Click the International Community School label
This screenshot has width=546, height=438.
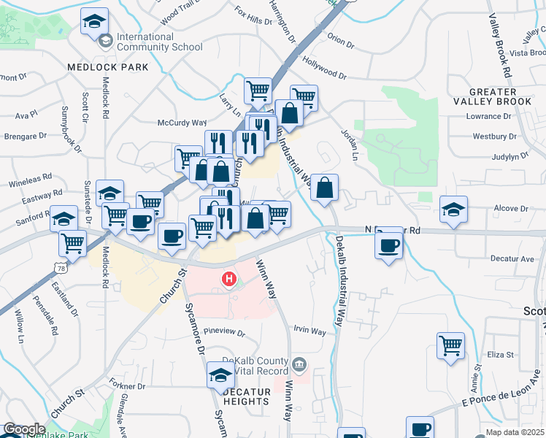158,42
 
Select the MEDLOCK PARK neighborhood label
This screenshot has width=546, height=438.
107,67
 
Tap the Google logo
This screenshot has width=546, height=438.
23,429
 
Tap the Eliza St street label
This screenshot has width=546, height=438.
501,355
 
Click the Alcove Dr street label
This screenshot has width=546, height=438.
510,208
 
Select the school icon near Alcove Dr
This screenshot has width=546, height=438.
453,210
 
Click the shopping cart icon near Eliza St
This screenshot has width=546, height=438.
450,345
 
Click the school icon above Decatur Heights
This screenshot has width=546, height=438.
219,375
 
